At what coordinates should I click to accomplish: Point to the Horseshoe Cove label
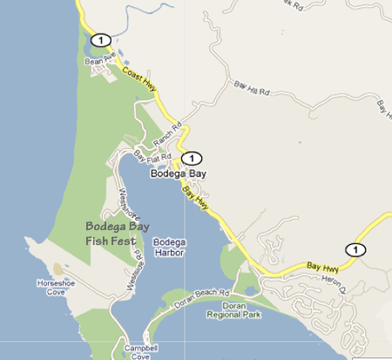[x=52, y=287]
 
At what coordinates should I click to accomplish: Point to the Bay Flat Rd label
[x=152, y=158]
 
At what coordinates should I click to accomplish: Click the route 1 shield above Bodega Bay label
[x=192, y=158]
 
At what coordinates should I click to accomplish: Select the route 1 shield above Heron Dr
[x=355, y=249]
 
